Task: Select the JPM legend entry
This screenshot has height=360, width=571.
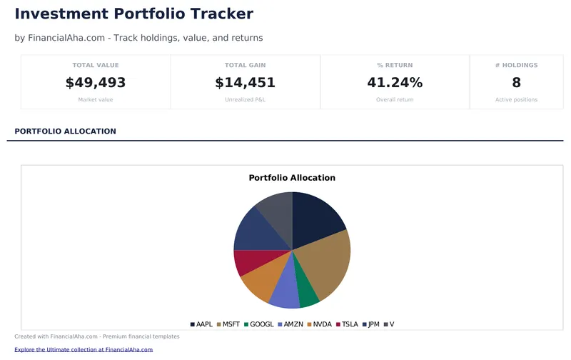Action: pyautogui.click(x=370, y=324)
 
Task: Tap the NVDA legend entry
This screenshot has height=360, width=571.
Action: pyautogui.click(x=319, y=324)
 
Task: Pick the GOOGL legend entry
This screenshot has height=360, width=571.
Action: pyautogui.click(x=258, y=324)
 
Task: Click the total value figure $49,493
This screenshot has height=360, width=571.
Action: pyautogui.click(x=96, y=83)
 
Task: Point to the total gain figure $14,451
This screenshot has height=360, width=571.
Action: pyautogui.click(x=245, y=83)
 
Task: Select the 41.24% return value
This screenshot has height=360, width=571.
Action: pyautogui.click(x=395, y=83)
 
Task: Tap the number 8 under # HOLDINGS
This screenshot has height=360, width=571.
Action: pyautogui.click(x=516, y=83)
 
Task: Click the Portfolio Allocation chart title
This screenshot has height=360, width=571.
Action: pyautogui.click(x=292, y=178)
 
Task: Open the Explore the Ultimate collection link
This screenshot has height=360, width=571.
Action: pyautogui.click(x=84, y=350)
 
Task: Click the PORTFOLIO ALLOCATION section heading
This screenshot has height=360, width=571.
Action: pyautogui.click(x=65, y=131)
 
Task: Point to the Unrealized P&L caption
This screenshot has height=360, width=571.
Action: pyautogui.click(x=245, y=100)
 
